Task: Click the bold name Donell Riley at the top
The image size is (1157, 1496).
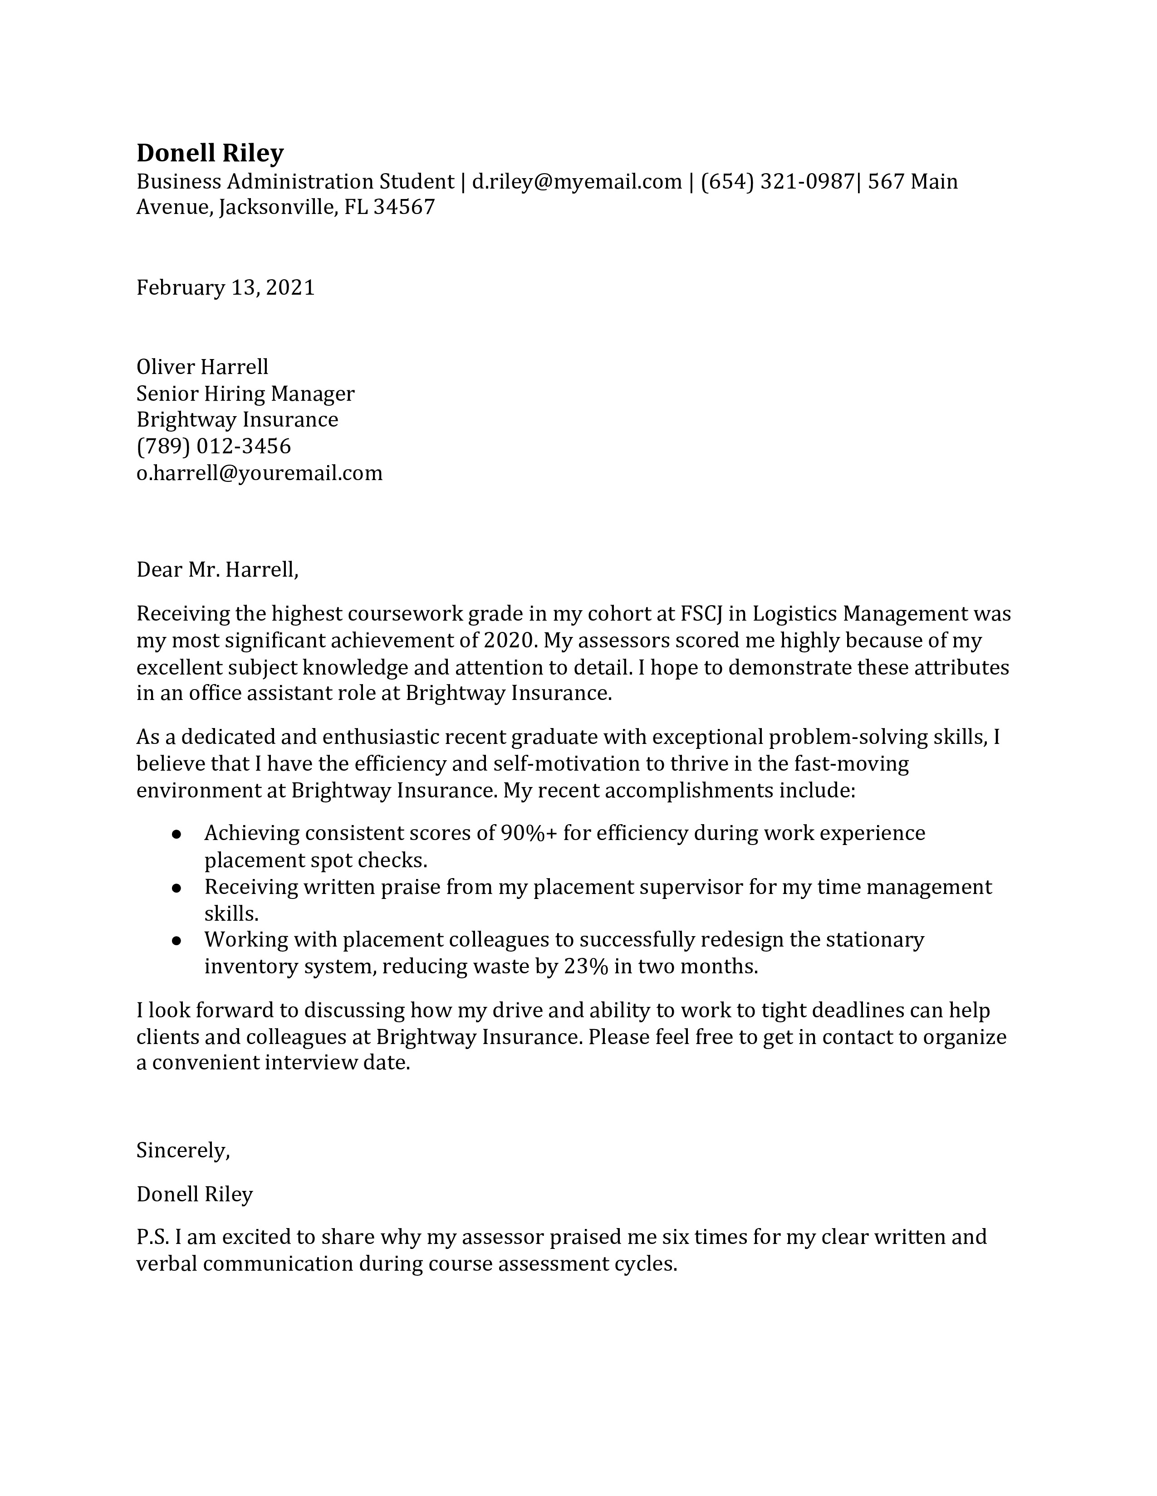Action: pos(210,153)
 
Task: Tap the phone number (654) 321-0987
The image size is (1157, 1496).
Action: pos(777,181)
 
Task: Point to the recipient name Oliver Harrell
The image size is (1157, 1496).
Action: pos(202,367)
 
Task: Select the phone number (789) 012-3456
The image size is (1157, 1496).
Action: pos(214,447)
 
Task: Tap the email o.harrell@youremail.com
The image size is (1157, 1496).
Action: pos(259,473)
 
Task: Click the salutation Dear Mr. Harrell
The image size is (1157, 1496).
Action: pos(217,569)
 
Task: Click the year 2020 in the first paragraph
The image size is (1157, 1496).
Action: pos(508,641)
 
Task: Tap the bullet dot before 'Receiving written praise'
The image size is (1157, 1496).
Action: pos(177,888)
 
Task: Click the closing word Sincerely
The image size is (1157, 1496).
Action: pos(183,1150)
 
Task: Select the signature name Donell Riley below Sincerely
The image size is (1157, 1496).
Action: pos(195,1194)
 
